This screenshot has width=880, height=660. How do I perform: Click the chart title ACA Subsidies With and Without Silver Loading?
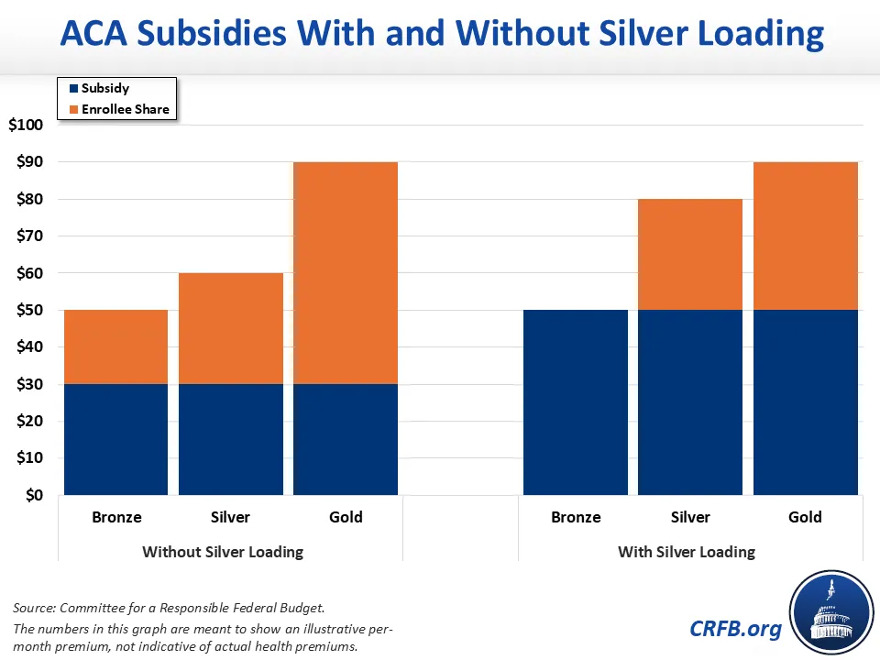click(x=440, y=35)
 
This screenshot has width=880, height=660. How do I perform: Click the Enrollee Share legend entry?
click(x=125, y=109)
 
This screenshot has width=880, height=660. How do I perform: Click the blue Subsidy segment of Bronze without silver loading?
click(x=115, y=439)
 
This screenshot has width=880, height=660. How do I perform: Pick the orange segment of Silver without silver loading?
click(x=230, y=328)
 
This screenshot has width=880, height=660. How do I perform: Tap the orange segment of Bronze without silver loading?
click(x=115, y=346)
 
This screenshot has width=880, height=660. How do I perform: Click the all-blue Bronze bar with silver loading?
click(x=576, y=402)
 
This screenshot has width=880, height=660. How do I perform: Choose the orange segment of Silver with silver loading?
click(x=690, y=254)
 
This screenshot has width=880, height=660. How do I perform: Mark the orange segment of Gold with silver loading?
click(x=805, y=236)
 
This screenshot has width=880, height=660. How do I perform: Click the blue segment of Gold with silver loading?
click(x=805, y=402)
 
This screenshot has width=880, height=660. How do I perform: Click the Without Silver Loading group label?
click(x=223, y=552)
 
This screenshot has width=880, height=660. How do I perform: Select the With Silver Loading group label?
click(x=687, y=552)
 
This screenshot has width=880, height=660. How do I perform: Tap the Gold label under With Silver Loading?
click(x=805, y=517)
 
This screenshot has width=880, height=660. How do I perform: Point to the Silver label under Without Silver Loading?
click(x=230, y=517)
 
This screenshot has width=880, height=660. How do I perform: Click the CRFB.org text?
click(x=736, y=628)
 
